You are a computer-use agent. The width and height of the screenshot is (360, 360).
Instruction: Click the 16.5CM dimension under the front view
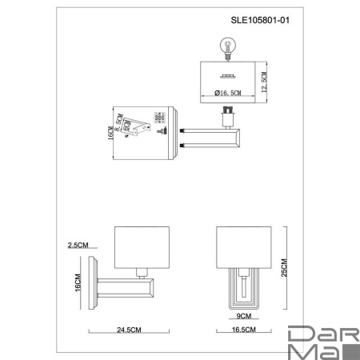[x=243, y=329]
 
